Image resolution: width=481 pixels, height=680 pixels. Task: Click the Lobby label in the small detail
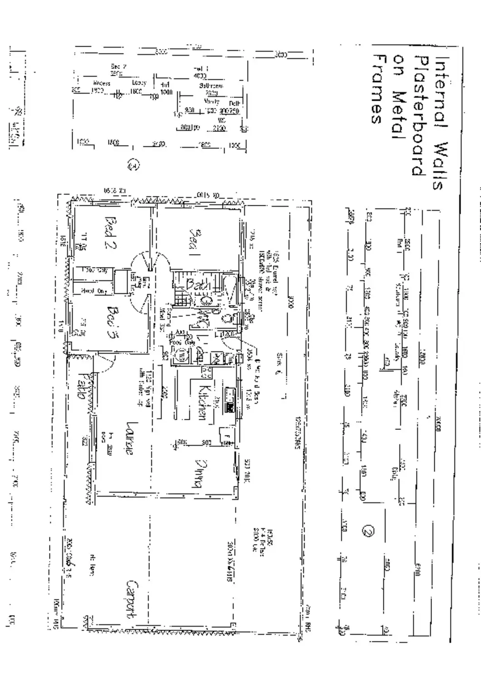[139, 83]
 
